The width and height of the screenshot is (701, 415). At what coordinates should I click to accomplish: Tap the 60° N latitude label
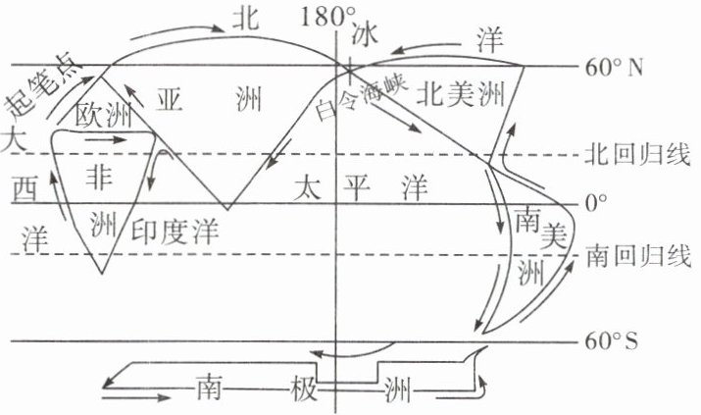[x=614, y=68]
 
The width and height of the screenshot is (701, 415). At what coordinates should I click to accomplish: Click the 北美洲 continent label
[x=460, y=95]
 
